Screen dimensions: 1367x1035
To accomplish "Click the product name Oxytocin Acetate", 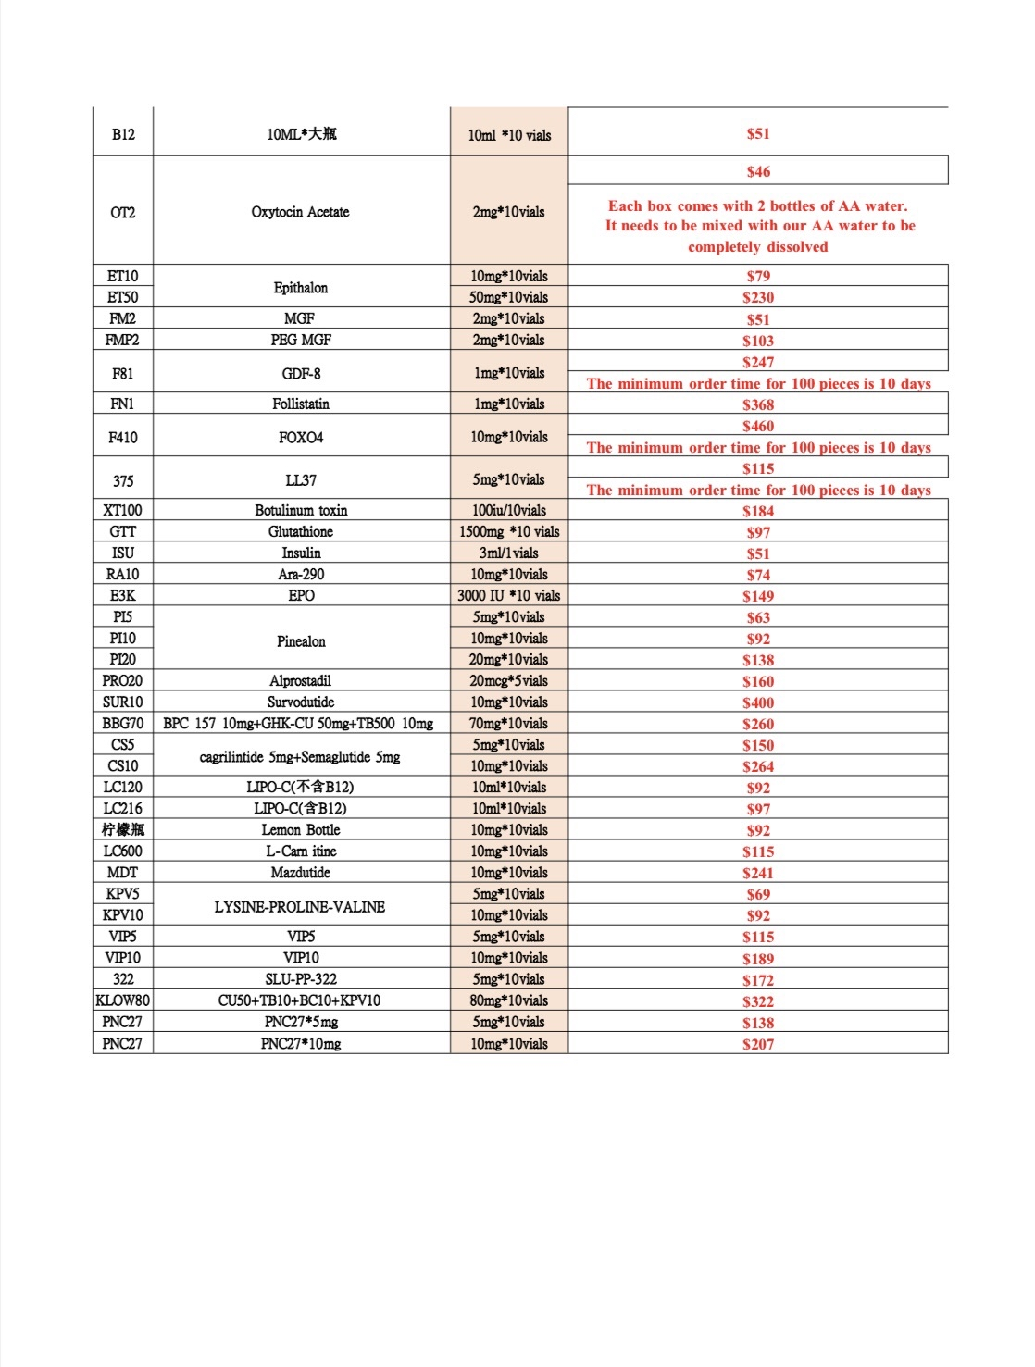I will (300, 212).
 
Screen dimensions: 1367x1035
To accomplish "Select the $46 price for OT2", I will (757, 171).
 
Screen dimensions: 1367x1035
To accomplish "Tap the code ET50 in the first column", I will (122, 297).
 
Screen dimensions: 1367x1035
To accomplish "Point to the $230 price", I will (757, 297).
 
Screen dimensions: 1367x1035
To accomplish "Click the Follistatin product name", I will (300, 404).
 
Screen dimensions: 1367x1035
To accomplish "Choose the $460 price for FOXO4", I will (757, 426).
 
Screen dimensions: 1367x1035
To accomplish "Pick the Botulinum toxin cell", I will (300, 510).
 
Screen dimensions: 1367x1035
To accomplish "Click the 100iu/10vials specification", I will (508, 510).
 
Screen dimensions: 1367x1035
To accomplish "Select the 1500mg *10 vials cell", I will (508, 531).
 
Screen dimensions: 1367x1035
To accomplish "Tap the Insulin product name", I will (300, 553).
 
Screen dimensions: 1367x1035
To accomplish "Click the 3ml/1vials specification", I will (508, 553).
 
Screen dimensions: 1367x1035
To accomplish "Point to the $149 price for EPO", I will (757, 596).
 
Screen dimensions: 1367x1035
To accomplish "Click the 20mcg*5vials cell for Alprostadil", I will (508, 680).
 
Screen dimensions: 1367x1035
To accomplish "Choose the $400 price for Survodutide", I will (757, 702).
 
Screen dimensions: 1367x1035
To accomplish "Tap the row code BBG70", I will (122, 723).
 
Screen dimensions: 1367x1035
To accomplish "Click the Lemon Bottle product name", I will (300, 829).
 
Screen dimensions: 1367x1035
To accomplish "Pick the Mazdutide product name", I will (300, 872).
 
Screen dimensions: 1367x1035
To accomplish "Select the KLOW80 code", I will (122, 1000).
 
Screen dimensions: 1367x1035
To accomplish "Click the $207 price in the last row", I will (757, 1044).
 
